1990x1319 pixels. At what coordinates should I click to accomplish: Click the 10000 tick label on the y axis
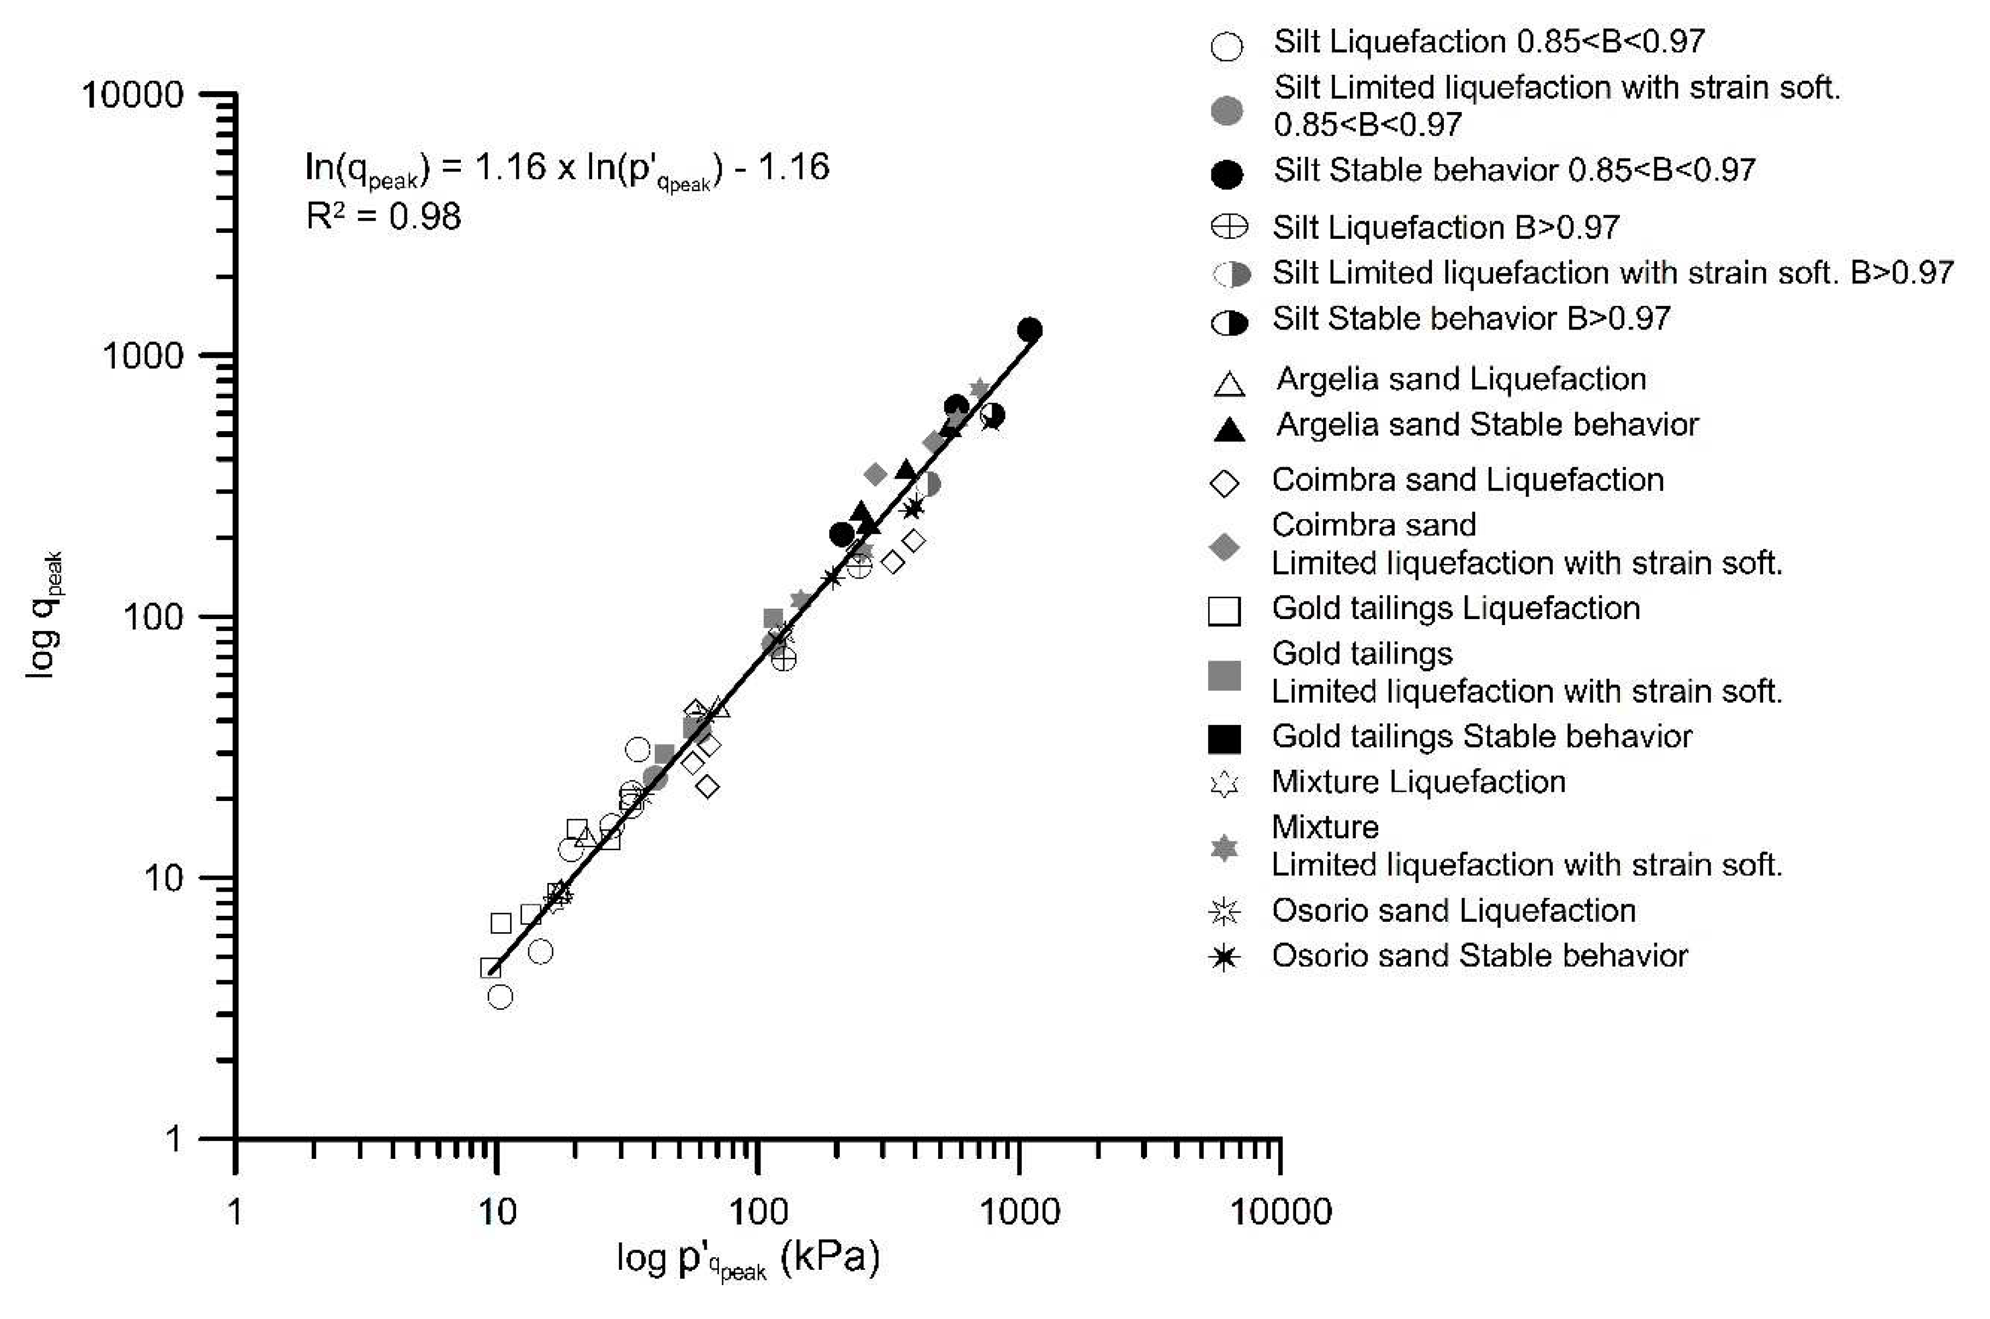click(x=132, y=95)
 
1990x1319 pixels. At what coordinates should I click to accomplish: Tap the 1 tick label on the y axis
click(x=173, y=1139)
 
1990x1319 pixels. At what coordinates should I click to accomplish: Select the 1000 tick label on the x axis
click(x=1020, y=1212)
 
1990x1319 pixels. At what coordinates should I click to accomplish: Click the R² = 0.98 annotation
click(x=384, y=217)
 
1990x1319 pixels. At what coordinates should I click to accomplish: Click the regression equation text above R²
click(x=567, y=169)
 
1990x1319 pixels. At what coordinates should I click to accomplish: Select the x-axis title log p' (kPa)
click(x=748, y=1259)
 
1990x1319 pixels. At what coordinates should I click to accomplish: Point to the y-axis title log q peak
click(x=44, y=615)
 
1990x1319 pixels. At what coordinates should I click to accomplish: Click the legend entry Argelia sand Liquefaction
click(x=1461, y=379)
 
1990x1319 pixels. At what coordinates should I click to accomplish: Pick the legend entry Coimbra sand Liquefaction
click(x=1467, y=480)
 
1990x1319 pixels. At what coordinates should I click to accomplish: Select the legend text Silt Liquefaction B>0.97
click(x=1445, y=227)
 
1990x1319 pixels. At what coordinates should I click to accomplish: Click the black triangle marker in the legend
click(x=1230, y=429)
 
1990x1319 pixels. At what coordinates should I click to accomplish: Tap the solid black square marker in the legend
click(x=1224, y=738)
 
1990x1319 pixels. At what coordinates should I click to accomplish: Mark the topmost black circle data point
click(x=1029, y=330)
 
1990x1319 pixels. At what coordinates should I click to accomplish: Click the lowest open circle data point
click(x=500, y=997)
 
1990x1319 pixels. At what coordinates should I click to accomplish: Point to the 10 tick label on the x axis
click(x=496, y=1212)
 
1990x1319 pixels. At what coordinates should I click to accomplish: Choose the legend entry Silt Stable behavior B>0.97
click(x=1471, y=319)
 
